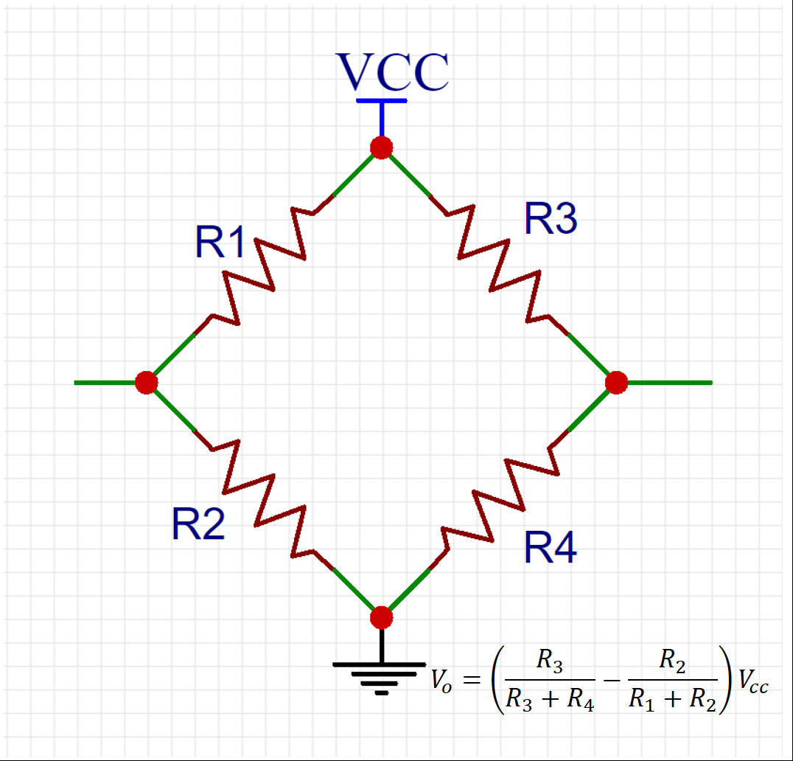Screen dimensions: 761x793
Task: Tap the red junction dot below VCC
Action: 381,147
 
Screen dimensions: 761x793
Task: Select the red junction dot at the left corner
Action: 147,383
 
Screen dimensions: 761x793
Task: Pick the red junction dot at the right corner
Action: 616,383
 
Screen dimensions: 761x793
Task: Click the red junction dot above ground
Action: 381,617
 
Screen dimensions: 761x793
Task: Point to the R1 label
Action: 220,243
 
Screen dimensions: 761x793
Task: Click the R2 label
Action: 198,524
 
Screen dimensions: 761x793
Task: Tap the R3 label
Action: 550,219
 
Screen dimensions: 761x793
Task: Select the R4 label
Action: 550,548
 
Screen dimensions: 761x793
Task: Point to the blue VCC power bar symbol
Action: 381,101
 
